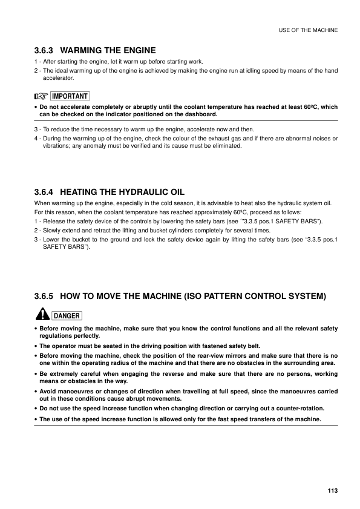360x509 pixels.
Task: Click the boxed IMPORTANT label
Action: click(x=70, y=96)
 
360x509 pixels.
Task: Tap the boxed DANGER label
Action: click(x=67, y=315)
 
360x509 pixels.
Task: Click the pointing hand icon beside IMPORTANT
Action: click(x=41, y=96)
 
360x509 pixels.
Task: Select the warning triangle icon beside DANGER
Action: click(x=41, y=315)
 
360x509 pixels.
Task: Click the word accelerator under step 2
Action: click(x=57, y=79)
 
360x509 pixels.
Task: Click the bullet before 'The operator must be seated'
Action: click(x=36, y=346)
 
